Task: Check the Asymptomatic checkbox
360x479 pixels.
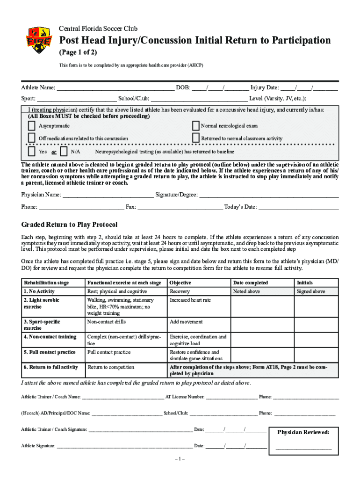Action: click(x=31, y=126)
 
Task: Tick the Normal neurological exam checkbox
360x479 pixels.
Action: click(x=196, y=126)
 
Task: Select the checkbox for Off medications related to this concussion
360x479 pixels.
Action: click(x=31, y=138)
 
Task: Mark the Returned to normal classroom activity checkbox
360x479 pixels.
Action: click(x=196, y=138)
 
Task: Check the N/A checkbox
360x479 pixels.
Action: click(x=64, y=152)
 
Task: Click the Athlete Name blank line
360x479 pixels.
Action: click(x=115, y=87)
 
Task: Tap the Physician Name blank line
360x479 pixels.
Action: click(x=108, y=195)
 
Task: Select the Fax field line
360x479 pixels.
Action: click(x=180, y=207)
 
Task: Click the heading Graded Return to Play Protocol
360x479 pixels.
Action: click(x=69, y=225)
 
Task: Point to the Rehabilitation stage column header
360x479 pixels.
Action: click(x=46, y=283)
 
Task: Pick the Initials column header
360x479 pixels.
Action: click(x=305, y=283)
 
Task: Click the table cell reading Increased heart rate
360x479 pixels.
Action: click(x=190, y=300)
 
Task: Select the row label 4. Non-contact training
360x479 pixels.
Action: click(x=50, y=337)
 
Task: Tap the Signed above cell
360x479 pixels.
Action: click(x=311, y=291)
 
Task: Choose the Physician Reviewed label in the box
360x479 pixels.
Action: click(x=303, y=432)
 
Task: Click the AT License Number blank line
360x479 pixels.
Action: click(x=231, y=397)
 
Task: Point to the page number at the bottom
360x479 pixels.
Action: click(x=180, y=459)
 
